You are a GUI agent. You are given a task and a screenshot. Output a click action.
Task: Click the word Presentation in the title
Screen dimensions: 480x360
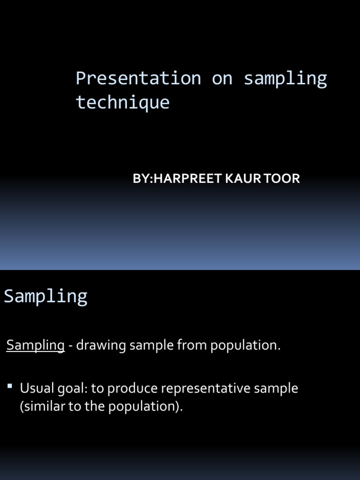coord(138,78)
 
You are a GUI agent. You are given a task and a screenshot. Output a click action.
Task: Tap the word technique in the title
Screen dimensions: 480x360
coord(122,102)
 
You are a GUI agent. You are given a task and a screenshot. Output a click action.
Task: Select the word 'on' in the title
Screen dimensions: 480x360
coord(222,78)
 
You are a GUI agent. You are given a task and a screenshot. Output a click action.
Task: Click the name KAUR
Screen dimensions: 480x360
coord(237,179)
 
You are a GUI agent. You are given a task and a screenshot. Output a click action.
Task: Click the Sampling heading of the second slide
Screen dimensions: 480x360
coord(45,296)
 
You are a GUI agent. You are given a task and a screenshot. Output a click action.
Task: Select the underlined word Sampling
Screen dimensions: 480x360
coord(35,345)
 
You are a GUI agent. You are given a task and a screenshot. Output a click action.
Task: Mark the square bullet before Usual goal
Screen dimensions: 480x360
coord(10,386)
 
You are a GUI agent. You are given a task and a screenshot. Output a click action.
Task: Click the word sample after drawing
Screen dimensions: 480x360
coord(151,345)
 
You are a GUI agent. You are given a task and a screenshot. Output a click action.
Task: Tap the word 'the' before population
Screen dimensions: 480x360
coord(95,406)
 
